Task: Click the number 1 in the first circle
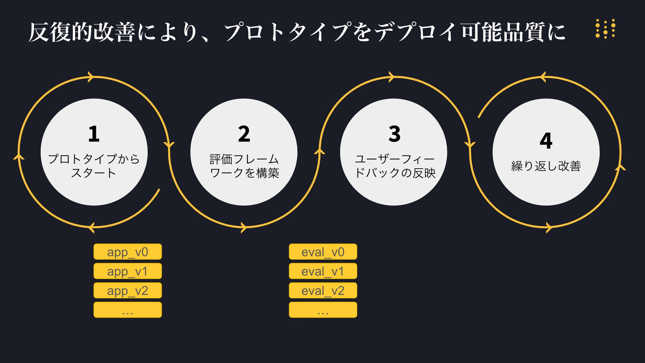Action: [94, 134]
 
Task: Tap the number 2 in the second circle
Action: [244, 134]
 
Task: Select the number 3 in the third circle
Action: [394, 134]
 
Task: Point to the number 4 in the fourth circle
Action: [546, 141]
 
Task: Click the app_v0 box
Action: [128, 252]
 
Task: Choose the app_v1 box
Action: [128, 271]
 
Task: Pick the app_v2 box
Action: [128, 291]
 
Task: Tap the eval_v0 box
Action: [323, 252]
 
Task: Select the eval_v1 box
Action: [323, 271]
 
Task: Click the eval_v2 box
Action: [323, 291]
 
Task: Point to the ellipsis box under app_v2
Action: [128, 310]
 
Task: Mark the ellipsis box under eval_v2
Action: [323, 310]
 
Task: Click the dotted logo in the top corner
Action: [605, 29]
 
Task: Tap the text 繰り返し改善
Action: [546, 166]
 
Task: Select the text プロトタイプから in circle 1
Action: [94, 159]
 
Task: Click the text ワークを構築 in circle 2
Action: [244, 173]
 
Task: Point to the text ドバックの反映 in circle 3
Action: [395, 173]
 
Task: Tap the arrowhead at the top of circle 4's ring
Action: [543, 77]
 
